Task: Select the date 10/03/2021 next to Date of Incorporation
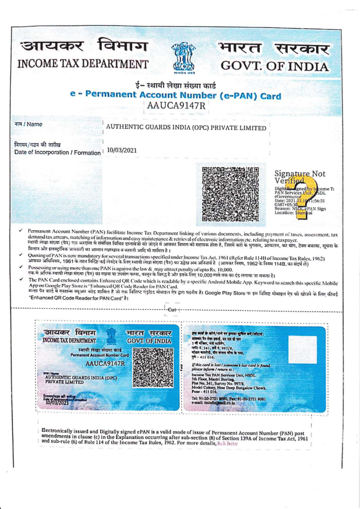(121, 150)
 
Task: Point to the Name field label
(28, 124)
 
